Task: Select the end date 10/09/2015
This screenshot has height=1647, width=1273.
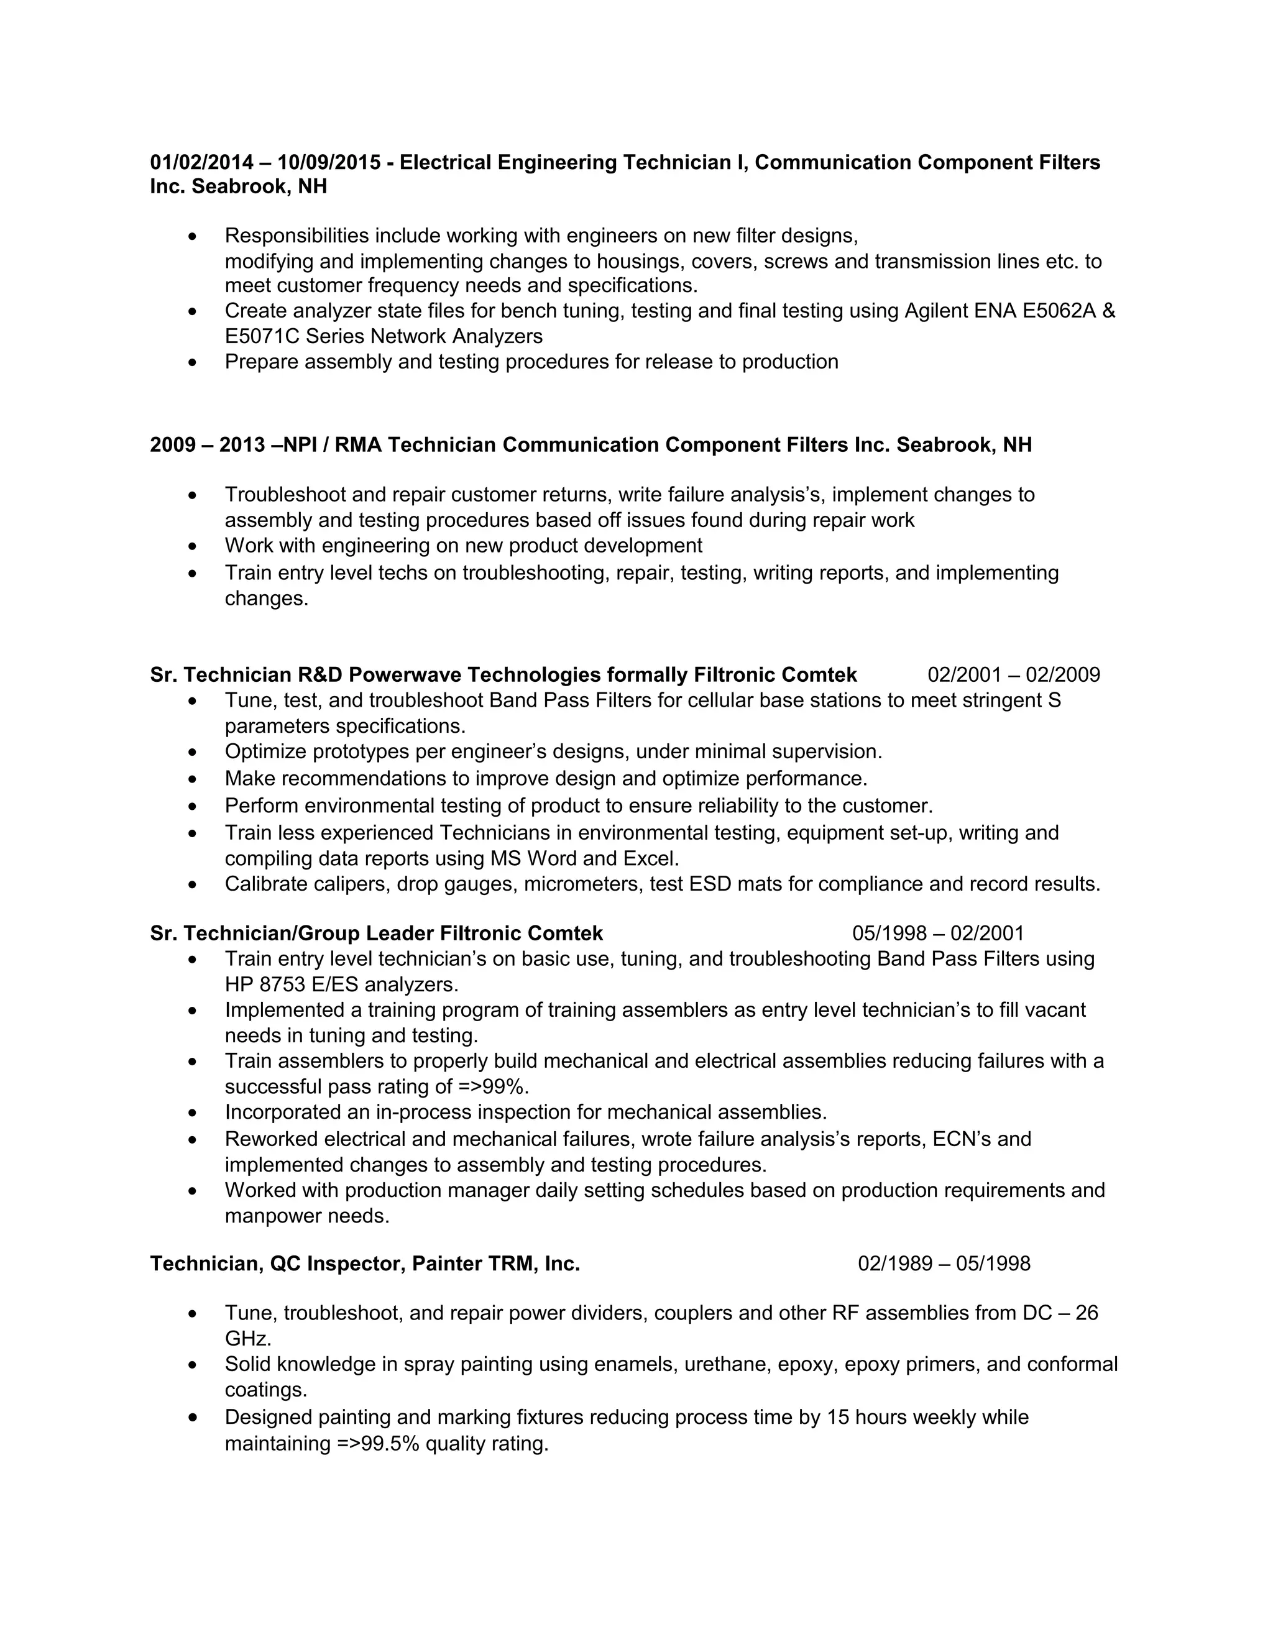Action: (329, 162)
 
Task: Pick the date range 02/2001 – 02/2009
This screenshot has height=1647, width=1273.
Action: (1014, 674)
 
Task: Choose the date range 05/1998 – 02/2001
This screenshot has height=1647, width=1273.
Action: (938, 934)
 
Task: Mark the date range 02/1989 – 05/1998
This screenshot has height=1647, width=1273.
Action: (944, 1264)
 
